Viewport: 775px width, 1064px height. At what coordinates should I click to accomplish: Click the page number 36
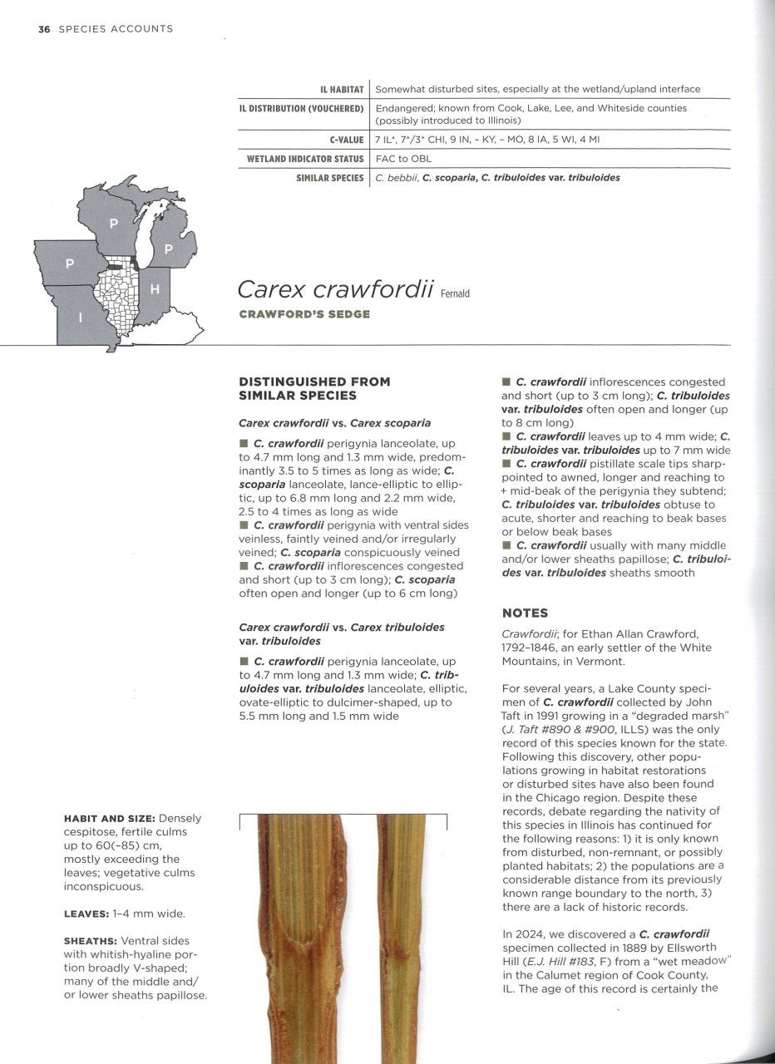pyautogui.click(x=44, y=29)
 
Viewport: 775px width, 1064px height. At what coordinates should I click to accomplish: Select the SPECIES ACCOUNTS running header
pyautogui.click(x=116, y=29)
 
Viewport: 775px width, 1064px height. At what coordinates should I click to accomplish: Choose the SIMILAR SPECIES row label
pyautogui.click(x=330, y=178)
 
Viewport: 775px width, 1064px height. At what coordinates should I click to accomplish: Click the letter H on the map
pyautogui.click(x=155, y=289)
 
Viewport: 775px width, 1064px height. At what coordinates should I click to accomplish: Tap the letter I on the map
pyautogui.click(x=80, y=318)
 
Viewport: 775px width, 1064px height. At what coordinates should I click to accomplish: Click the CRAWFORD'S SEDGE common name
pyautogui.click(x=304, y=314)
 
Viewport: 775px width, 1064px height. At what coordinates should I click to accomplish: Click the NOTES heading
pyautogui.click(x=525, y=613)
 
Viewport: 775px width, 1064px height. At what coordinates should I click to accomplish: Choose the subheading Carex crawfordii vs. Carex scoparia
pyautogui.click(x=334, y=422)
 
